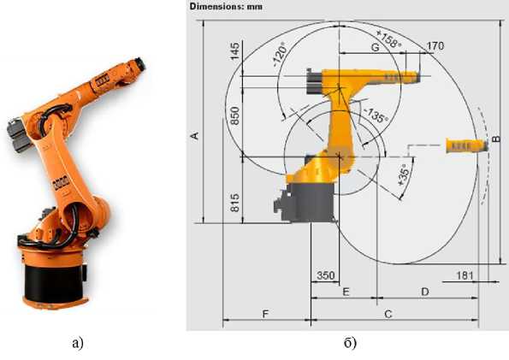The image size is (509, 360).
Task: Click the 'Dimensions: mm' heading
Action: pyautogui.click(x=226, y=6)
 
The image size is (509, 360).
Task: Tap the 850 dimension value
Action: pyautogui.click(x=234, y=115)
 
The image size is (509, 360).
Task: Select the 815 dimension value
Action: pyautogui.click(x=234, y=203)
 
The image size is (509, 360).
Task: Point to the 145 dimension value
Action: pyautogui.click(x=234, y=51)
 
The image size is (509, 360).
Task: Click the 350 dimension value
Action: pyautogui.click(x=326, y=275)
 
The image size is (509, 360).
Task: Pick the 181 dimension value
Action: pyautogui.click(x=465, y=275)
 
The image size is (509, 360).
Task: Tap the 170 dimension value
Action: pyautogui.click(x=435, y=46)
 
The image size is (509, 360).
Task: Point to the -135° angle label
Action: pyautogui.click(x=376, y=115)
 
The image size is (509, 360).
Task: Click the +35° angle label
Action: pyautogui.click(x=404, y=174)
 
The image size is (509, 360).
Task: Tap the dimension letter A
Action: pyautogui.click(x=194, y=136)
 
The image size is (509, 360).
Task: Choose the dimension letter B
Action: pyautogui.click(x=496, y=139)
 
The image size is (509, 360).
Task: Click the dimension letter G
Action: pyautogui.click(x=375, y=47)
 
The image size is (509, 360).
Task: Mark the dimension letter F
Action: pyautogui.click(x=265, y=314)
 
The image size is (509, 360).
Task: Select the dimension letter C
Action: pyautogui.click(x=388, y=314)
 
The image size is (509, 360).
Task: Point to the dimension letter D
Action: pyautogui.click(x=425, y=292)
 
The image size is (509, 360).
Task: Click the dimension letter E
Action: pyautogui.click(x=346, y=292)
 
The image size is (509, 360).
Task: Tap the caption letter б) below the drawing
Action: pyautogui.click(x=350, y=343)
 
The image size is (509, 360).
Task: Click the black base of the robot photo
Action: pyautogui.click(x=54, y=282)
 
